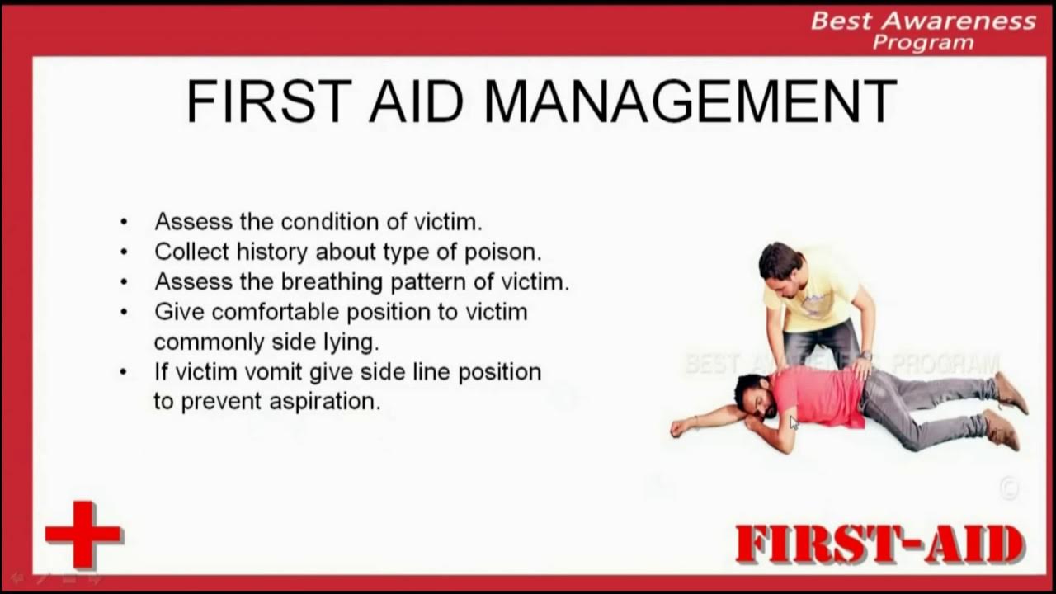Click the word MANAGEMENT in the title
[x=690, y=102]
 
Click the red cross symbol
[x=82, y=534]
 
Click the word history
[x=272, y=252]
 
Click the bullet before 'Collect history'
[x=124, y=252]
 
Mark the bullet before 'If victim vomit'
[x=124, y=372]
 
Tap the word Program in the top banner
[x=924, y=43]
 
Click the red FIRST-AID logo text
[x=879, y=545]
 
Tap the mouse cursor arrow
[x=794, y=423]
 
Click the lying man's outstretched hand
[x=678, y=427]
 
